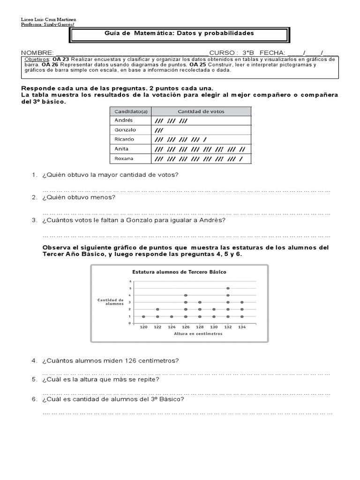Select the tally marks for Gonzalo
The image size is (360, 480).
click(159, 130)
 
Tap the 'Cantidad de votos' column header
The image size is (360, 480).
click(201, 111)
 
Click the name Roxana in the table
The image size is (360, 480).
click(124, 158)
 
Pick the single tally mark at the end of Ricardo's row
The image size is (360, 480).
click(205, 140)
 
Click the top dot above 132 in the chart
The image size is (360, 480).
click(228, 288)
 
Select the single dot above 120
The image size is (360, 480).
click(143, 316)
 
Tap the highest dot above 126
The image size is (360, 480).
click(186, 295)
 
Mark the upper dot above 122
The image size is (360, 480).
click(157, 309)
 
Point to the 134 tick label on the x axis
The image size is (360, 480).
click(242, 327)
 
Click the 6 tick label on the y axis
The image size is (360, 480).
click(130, 281)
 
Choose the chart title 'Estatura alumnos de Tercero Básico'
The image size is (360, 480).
click(180, 272)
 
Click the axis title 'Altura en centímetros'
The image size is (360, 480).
click(198, 334)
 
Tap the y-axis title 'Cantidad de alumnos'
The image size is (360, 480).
click(111, 301)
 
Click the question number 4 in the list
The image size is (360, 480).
click(34, 360)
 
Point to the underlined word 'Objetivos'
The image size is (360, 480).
click(37, 60)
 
